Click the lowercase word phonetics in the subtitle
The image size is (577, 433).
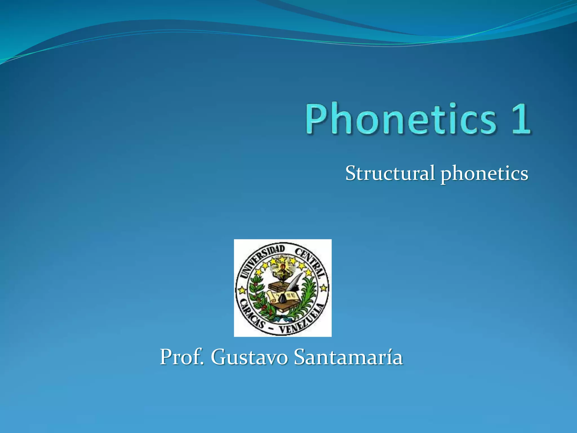click(484, 173)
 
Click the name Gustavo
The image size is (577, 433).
click(249, 357)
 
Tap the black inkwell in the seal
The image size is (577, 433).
click(283, 298)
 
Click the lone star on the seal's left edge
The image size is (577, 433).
click(242, 290)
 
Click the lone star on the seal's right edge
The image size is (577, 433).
click(324, 288)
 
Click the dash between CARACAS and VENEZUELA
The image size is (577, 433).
click(272, 329)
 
